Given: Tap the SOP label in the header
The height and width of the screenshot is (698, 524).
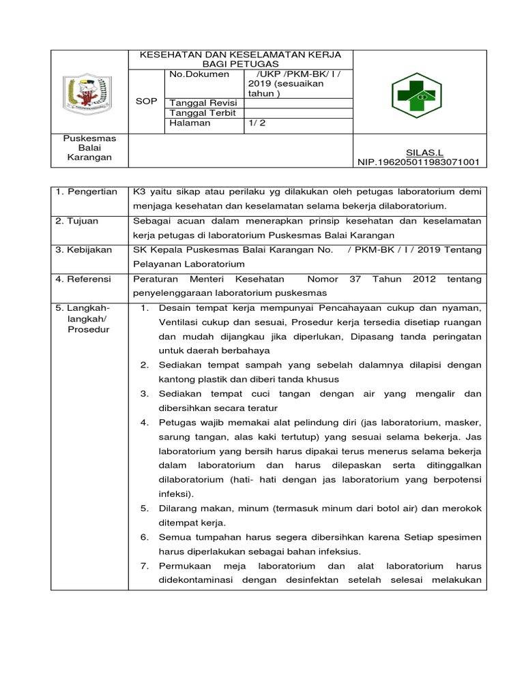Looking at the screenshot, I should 147,100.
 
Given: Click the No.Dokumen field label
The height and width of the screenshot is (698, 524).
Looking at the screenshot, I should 199,74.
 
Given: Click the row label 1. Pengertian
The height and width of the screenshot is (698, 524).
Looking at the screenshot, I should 87,192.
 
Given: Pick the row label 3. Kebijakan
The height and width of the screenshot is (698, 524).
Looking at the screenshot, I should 84,250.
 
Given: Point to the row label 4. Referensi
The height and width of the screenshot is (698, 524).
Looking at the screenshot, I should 85,279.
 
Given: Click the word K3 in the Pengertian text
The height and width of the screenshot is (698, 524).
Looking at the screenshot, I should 139,192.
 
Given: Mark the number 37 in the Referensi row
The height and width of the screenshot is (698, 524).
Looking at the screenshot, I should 373,279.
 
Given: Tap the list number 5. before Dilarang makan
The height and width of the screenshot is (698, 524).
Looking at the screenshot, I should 145,508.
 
